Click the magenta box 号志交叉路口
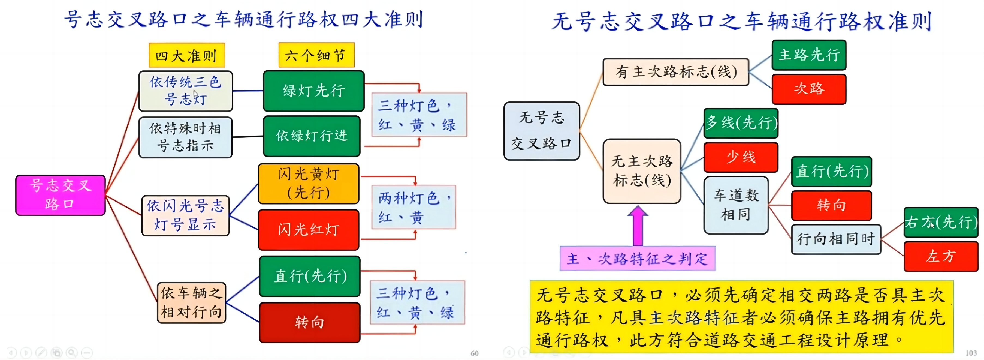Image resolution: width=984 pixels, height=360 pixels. (x=60, y=195)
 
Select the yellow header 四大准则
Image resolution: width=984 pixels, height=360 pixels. (x=186, y=55)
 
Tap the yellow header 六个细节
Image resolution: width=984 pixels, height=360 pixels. (x=316, y=55)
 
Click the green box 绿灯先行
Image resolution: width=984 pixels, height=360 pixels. (x=314, y=91)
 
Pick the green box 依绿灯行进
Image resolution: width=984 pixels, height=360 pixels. (x=312, y=136)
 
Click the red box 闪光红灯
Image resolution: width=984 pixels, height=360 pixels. (x=309, y=229)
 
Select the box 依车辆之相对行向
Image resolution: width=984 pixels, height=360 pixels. (x=191, y=303)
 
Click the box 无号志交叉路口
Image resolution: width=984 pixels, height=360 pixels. (x=542, y=131)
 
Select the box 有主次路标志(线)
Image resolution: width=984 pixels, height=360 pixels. (x=676, y=72)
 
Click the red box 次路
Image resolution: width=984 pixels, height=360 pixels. (x=809, y=89)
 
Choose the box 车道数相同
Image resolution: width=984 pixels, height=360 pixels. (x=736, y=205)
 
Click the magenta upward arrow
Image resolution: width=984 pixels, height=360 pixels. (x=638, y=226)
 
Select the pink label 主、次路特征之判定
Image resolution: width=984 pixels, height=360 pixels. (x=638, y=259)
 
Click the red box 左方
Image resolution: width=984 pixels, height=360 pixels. (x=941, y=256)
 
